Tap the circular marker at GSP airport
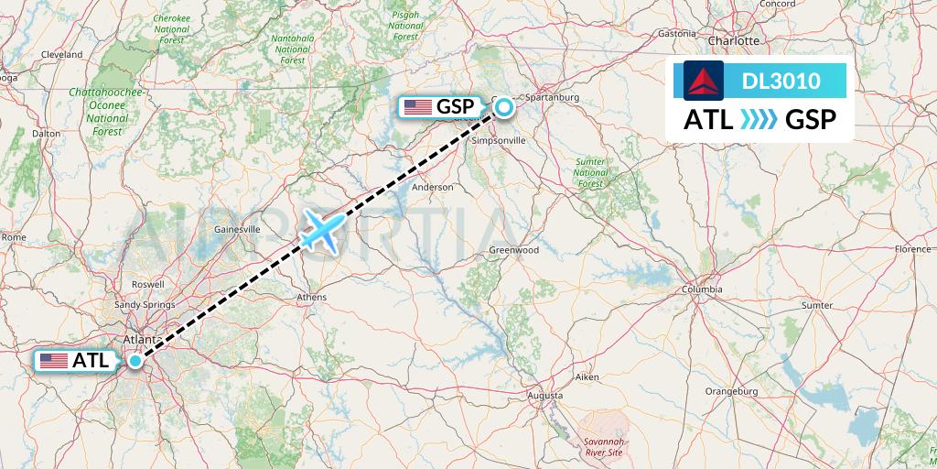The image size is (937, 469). (x=504, y=108)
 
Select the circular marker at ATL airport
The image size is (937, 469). (x=135, y=361)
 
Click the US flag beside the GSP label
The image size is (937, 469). (x=418, y=107)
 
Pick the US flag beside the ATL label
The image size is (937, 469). (x=55, y=361)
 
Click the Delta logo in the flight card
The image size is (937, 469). (x=704, y=81)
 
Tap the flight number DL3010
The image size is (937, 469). (x=781, y=82)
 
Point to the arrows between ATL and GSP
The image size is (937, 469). (x=759, y=120)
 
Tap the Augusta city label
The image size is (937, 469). (x=545, y=395)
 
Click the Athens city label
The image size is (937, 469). (x=312, y=297)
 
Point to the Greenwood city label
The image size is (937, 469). (x=513, y=249)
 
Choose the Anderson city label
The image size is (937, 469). (x=433, y=187)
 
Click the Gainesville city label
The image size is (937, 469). (x=236, y=228)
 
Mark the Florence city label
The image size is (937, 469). (x=912, y=249)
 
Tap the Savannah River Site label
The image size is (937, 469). (x=604, y=447)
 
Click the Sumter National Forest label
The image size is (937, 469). (x=591, y=172)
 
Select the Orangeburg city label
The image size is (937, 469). (x=733, y=391)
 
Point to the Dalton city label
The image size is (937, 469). (x=46, y=133)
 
